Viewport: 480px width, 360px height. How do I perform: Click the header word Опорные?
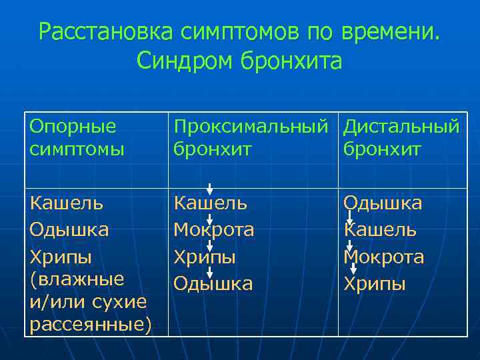click(73, 126)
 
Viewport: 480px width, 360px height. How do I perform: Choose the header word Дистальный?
click(401, 126)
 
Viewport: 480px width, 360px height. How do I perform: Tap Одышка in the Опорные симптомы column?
click(69, 230)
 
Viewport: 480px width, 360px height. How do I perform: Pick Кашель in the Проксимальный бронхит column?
click(210, 203)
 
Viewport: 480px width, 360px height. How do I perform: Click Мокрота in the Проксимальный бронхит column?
click(214, 230)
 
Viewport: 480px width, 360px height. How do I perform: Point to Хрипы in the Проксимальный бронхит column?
click(205, 257)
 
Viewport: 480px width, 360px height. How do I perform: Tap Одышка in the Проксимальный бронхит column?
click(213, 284)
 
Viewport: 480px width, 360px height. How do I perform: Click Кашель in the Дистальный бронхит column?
click(381, 230)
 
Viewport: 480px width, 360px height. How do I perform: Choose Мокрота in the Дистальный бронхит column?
click(384, 257)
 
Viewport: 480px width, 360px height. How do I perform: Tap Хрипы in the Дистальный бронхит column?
click(375, 284)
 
